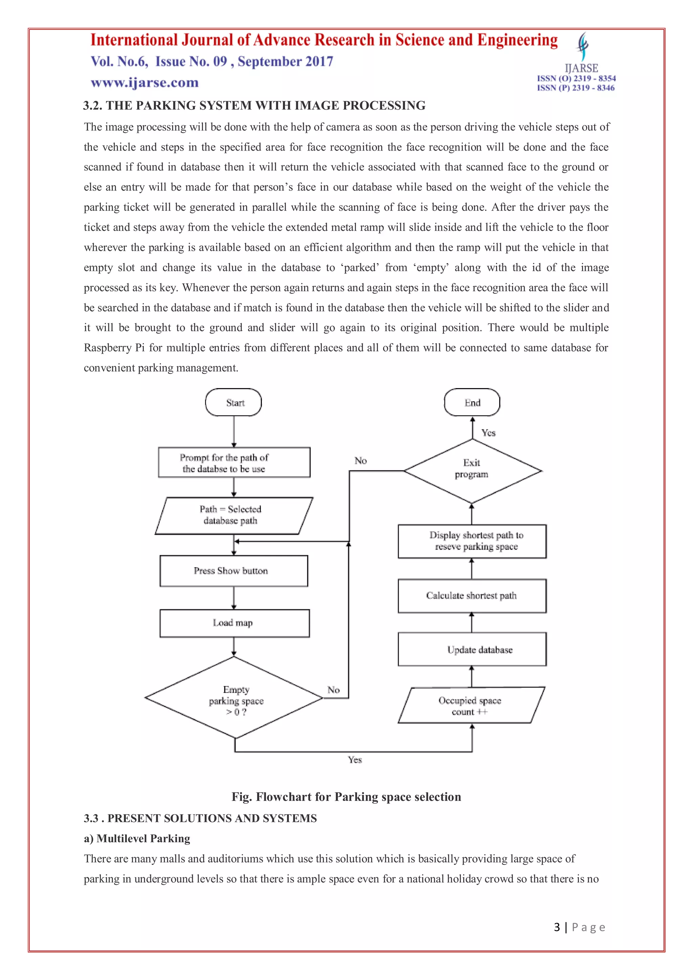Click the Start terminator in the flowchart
click(x=233, y=402)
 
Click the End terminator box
click(x=472, y=402)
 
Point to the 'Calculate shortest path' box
click(x=472, y=596)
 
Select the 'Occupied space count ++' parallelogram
click(x=471, y=705)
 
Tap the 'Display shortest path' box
click(x=472, y=541)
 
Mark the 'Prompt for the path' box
click(x=234, y=463)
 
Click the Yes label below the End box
click(x=489, y=432)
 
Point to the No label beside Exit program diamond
click(x=361, y=461)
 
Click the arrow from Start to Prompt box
click(x=234, y=431)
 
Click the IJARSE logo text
click(x=581, y=68)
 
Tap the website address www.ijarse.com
click(x=145, y=82)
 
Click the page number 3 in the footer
click(x=557, y=927)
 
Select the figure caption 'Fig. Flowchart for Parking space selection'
click(x=346, y=797)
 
